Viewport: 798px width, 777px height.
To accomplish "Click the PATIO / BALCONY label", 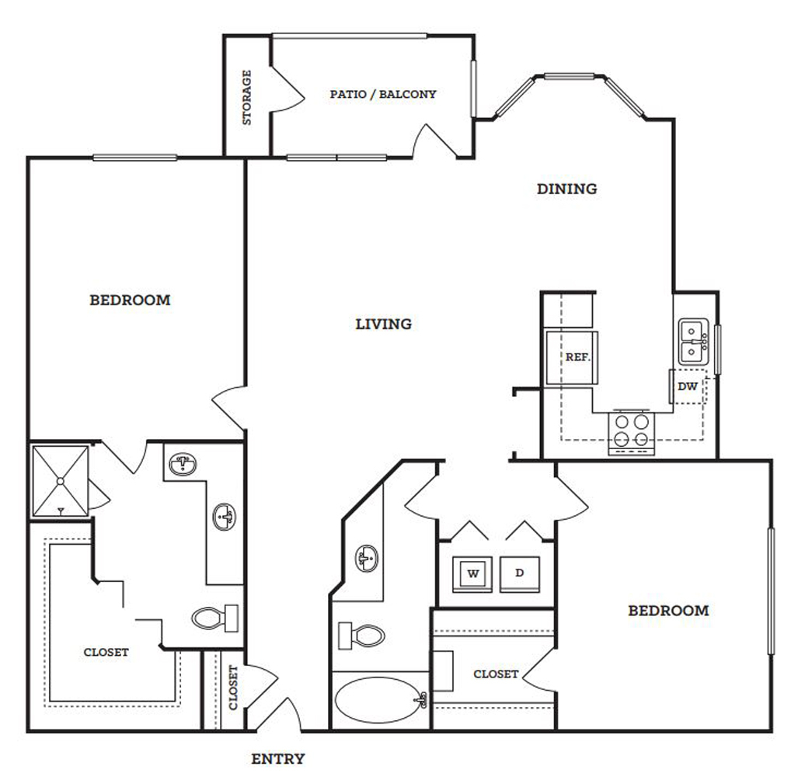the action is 383,94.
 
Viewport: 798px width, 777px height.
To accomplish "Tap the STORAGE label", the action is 246,97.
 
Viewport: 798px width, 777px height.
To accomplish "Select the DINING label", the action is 566,189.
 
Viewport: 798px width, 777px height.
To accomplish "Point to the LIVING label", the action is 383,324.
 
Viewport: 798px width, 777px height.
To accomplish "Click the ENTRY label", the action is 278,758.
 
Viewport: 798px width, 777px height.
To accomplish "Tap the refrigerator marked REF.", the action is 572,357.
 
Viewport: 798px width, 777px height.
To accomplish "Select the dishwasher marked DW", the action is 688,386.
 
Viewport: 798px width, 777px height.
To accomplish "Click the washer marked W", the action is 472,574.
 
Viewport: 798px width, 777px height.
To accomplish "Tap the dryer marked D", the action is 520,574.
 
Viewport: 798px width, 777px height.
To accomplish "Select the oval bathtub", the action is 381,699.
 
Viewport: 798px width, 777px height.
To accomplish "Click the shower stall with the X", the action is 60,481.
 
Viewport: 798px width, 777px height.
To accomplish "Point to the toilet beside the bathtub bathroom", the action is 361,636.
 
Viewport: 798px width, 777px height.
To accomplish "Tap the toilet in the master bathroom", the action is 214,618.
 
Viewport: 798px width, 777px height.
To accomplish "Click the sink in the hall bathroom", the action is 367,558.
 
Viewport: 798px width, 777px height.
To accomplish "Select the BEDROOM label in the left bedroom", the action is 130,300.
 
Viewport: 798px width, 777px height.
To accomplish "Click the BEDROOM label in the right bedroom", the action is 668,610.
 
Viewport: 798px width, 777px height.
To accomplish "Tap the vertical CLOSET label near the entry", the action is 233,688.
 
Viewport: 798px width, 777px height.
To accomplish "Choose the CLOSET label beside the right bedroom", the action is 496,674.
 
